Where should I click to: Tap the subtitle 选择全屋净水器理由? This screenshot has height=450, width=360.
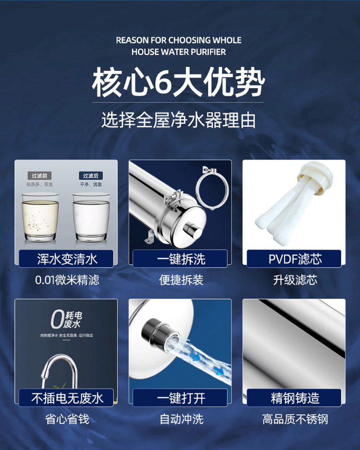tap(179, 120)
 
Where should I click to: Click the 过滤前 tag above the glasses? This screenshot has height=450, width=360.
tap(40, 175)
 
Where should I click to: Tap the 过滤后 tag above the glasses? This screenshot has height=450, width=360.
tap(90, 175)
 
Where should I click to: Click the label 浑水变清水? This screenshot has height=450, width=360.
tap(67, 259)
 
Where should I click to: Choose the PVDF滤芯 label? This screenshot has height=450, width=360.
tap(295, 259)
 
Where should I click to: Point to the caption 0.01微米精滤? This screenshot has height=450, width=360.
tap(67, 280)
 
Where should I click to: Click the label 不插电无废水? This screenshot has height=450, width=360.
tap(67, 398)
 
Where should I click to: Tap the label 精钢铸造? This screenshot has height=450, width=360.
tap(295, 398)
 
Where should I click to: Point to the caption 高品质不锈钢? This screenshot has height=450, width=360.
tap(295, 419)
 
